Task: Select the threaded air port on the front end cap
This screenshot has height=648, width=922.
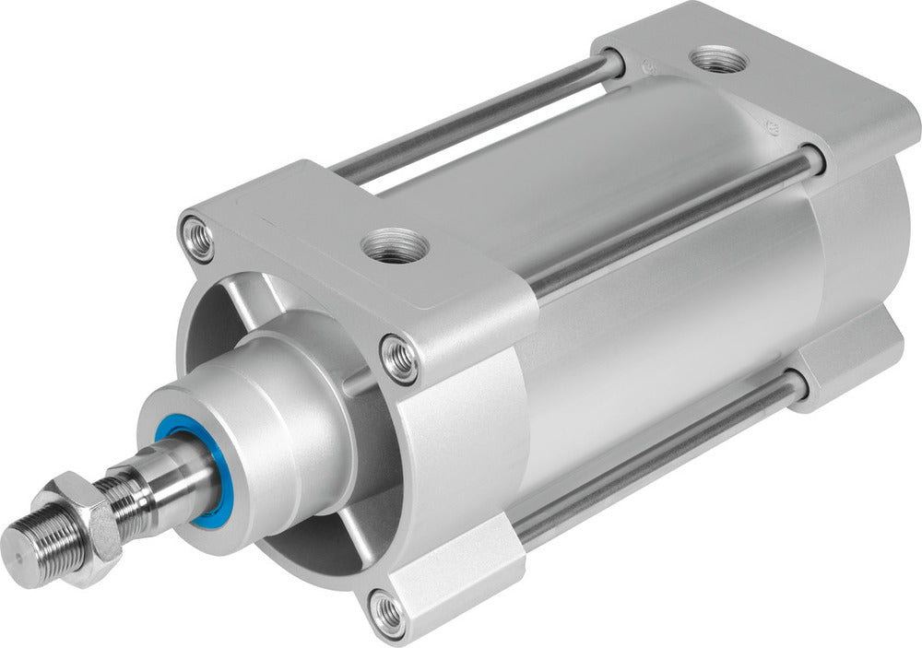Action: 395,246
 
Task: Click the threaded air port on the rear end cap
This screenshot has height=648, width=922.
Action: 719,61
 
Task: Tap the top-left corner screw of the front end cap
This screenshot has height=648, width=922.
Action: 197,239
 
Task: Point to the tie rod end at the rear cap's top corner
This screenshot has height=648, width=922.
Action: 611,63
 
